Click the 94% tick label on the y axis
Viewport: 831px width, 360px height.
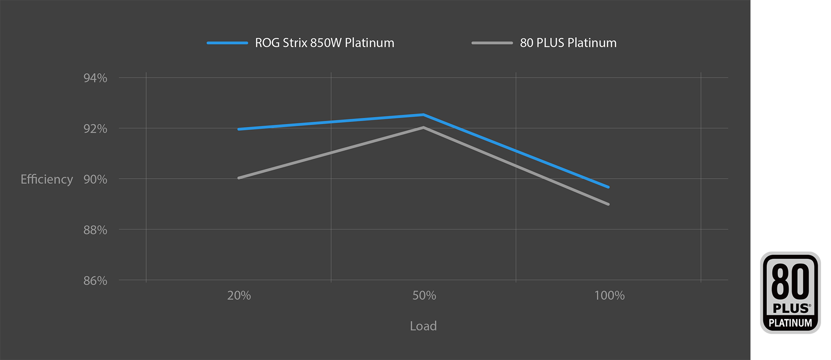(95, 78)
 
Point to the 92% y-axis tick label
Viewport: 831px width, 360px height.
(95, 129)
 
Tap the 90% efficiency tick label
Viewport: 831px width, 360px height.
(95, 179)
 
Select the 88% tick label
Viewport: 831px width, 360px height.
(95, 230)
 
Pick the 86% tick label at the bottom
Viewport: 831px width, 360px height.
(95, 280)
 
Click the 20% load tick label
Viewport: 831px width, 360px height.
(239, 296)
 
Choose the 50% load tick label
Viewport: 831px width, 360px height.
(424, 296)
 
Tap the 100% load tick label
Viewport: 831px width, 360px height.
(609, 296)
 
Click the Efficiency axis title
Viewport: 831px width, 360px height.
(47, 179)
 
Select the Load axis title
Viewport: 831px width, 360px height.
(423, 326)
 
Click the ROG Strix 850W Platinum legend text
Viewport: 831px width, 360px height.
(325, 43)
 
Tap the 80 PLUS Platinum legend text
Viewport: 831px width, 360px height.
(568, 43)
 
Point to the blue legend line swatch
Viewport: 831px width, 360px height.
(227, 43)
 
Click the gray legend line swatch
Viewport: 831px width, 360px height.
(492, 43)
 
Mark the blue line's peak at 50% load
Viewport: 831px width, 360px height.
(424, 115)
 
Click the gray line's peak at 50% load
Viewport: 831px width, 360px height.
(424, 127)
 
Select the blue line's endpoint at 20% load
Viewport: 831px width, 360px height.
(239, 129)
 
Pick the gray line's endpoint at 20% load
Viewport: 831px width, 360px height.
(239, 178)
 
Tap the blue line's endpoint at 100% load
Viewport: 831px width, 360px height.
(609, 187)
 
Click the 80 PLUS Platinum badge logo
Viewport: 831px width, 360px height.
(790, 292)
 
